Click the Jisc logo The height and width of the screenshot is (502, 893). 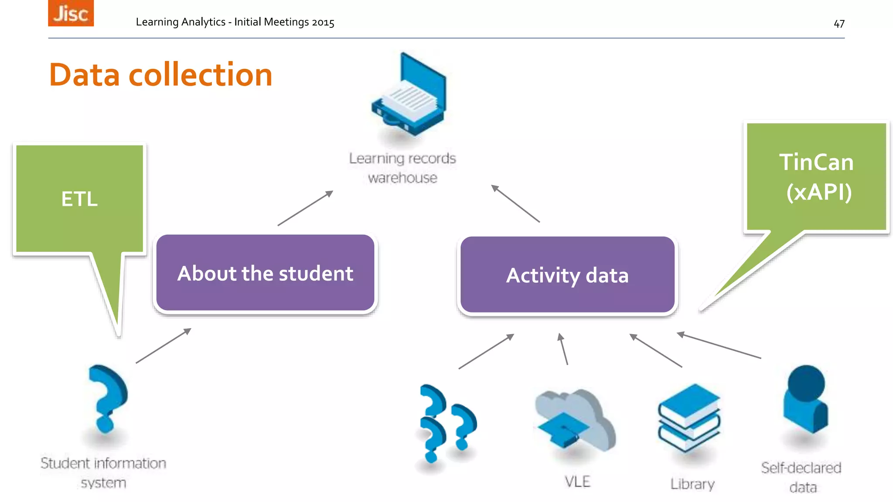71,13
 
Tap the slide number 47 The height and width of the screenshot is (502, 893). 839,24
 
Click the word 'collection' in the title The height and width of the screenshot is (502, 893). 200,75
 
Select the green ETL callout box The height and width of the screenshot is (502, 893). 79,199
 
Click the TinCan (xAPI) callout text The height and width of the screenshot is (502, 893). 817,176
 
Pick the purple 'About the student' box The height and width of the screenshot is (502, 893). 265,273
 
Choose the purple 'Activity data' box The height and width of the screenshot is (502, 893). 567,275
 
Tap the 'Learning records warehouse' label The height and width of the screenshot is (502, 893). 402,168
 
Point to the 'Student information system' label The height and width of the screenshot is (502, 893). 103,472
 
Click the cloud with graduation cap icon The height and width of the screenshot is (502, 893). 575,421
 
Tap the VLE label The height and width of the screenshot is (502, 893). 577,482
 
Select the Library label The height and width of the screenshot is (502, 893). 692,484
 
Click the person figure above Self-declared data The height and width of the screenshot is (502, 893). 805,399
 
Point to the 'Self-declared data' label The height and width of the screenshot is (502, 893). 801,477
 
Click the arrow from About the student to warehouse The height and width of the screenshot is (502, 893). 305,208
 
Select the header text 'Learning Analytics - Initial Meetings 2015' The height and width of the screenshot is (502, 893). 235,22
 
